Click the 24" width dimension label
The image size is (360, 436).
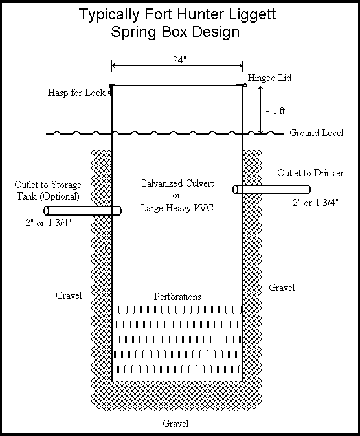coord(179,60)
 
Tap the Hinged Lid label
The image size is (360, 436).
coord(269,78)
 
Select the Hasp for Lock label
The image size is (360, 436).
coord(76,93)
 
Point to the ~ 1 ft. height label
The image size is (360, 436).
coord(275,111)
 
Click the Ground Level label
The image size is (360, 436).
coord(317,133)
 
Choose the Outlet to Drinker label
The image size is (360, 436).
coord(310,173)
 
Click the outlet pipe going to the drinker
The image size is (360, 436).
coord(271,189)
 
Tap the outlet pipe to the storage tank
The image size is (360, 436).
coord(83,211)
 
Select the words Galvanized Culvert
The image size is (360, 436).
coord(177,183)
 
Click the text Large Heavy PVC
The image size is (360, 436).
coord(177,208)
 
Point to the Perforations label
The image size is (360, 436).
coord(177,297)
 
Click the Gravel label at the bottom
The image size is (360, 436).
coord(175,424)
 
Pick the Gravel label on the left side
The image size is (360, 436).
coord(69,295)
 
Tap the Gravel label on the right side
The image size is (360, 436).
coord(282,288)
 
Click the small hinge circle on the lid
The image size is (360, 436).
coord(245,85)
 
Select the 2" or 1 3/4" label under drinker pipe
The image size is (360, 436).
coord(315,203)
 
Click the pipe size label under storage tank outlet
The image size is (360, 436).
coord(49,223)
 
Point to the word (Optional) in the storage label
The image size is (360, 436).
coord(59,196)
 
